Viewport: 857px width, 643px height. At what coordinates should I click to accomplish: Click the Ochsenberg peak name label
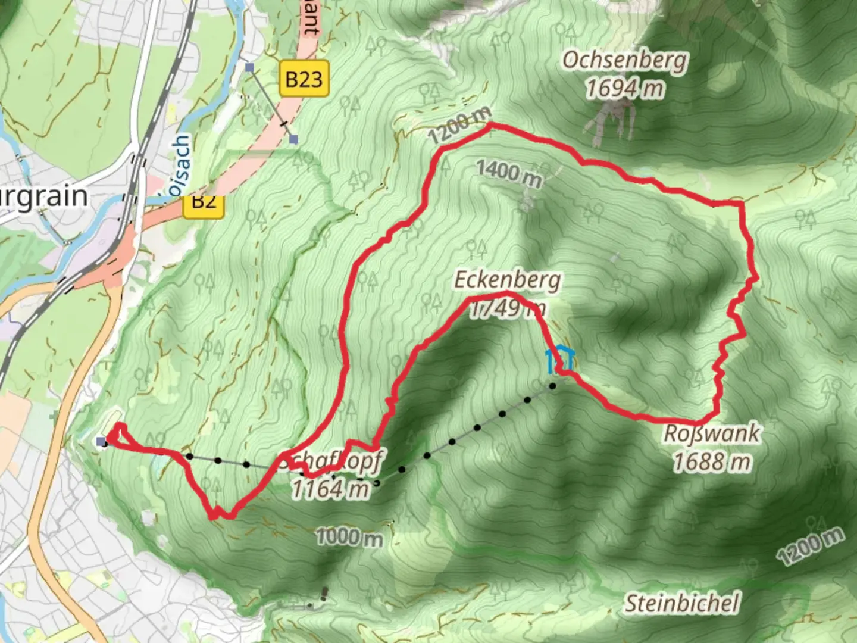tap(625, 61)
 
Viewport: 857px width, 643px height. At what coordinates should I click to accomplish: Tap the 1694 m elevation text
tap(624, 89)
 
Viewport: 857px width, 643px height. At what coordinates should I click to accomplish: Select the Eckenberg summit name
tap(507, 280)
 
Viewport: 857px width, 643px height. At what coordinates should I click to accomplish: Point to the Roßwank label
tap(712, 433)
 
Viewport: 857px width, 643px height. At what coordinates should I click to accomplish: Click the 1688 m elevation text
tap(712, 461)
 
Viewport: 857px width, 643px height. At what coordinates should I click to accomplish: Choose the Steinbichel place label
tap(681, 604)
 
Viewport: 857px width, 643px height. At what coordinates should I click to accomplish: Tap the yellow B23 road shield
tap(304, 79)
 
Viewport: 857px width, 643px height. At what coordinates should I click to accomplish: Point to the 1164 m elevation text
tap(330, 489)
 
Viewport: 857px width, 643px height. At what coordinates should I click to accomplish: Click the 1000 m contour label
tap(349, 538)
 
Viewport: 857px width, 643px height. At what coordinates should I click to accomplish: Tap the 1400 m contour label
tap(509, 173)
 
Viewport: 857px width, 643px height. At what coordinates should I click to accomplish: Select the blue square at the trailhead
tap(102, 441)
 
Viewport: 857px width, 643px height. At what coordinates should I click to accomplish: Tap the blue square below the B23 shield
tap(293, 140)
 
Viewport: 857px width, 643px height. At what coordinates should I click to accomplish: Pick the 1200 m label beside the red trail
tap(460, 126)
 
